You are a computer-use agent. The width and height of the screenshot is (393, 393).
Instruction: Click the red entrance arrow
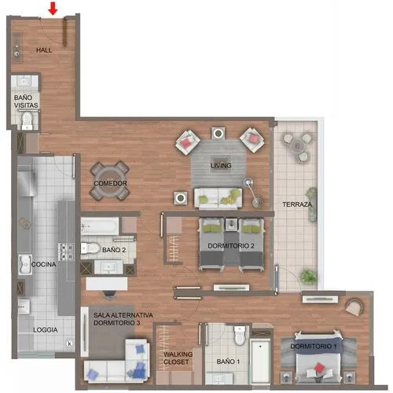[53, 9]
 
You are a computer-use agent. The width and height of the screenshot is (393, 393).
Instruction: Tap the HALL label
[44, 50]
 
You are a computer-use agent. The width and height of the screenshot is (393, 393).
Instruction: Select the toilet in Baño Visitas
[27, 120]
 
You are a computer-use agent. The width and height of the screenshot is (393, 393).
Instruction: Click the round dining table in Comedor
[110, 181]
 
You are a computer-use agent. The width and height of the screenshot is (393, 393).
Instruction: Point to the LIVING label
[221, 166]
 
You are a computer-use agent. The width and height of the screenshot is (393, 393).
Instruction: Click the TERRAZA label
[297, 204]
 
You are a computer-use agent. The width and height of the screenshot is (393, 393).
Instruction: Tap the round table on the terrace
[298, 145]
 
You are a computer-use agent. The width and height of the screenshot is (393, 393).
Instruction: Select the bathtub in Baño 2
[100, 226]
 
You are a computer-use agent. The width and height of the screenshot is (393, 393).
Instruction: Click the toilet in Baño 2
[90, 248]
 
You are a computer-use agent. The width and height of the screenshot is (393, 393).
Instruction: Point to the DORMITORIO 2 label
[231, 246]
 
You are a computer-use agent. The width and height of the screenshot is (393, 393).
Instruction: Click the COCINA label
[44, 264]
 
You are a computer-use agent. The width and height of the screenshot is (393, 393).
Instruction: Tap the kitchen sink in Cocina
[25, 265]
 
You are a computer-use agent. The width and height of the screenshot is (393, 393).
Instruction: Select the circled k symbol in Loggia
[70, 343]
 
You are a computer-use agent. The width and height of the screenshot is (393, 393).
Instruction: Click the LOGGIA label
[46, 330]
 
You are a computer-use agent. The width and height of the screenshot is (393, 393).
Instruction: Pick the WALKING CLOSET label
[178, 358]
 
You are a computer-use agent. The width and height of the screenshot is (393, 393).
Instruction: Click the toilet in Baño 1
[240, 335]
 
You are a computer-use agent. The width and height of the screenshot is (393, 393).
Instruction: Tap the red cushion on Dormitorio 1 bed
[318, 368]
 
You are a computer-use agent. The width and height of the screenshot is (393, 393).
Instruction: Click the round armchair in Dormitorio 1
[354, 307]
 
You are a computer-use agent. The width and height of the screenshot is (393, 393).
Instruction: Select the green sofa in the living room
[218, 198]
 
